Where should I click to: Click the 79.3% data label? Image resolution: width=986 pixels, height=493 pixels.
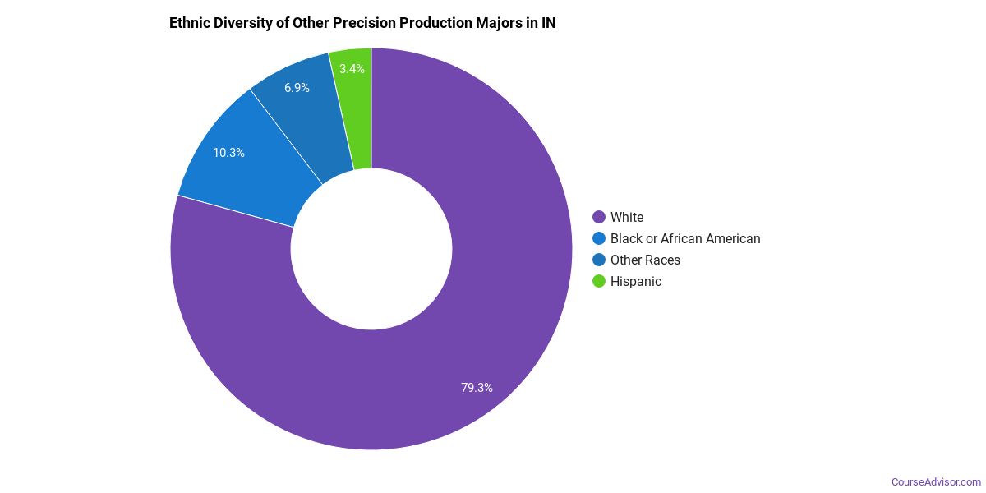[477, 388]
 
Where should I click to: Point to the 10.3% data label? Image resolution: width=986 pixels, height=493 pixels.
[228, 153]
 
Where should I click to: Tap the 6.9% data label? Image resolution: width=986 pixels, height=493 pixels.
[297, 88]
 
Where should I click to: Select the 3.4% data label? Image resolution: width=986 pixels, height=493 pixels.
[352, 69]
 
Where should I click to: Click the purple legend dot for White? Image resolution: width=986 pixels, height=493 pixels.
[599, 217]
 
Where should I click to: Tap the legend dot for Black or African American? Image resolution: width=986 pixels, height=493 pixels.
[599, 238]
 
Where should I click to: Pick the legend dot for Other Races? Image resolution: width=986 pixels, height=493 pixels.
[599, 260]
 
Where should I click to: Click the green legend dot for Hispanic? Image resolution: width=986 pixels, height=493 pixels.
[599, 281]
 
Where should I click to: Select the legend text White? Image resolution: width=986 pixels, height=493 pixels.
[627, 217]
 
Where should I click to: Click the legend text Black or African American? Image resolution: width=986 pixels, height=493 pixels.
[685, 238]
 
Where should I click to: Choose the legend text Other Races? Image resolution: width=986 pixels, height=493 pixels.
[645, 260]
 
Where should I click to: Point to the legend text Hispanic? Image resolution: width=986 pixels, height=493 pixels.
[636, 281]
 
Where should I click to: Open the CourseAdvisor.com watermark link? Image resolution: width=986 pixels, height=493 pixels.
[936, 481]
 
